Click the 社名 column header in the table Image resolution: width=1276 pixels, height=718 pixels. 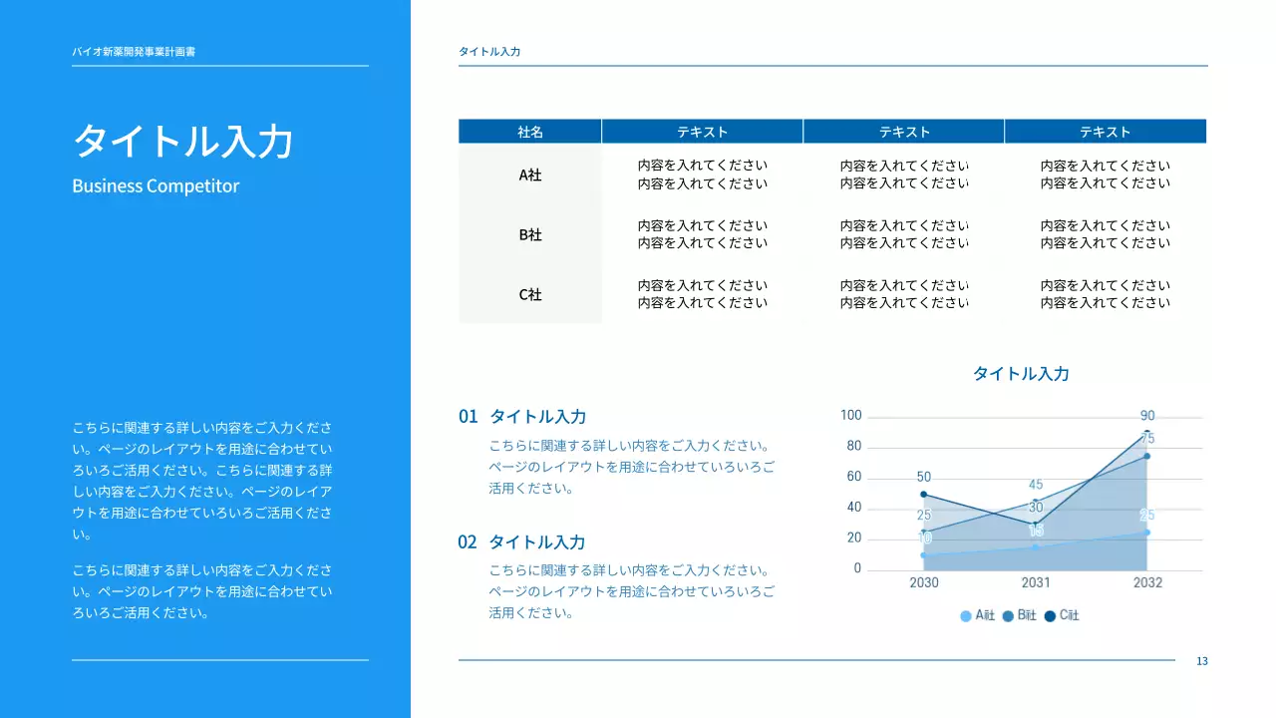click(530, 132)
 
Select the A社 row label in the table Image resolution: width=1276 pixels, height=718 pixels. click(530, 175)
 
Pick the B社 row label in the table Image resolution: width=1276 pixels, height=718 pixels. click(530, 235)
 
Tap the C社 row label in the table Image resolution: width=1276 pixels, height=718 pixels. click(530, 295)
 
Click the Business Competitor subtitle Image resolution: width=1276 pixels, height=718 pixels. click(156, 186)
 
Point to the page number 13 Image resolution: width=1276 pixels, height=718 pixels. click(1202, 661)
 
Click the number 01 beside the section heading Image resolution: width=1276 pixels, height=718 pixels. click(469, 417)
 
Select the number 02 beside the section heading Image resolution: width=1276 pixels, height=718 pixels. click(468, 542)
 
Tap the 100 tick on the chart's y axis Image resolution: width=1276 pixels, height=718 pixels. click(850, 416)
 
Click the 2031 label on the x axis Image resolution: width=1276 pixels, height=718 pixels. click(1036, 582)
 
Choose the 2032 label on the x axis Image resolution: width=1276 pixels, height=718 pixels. click(1147, 582)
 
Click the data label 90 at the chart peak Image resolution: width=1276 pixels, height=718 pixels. click(1147, 416)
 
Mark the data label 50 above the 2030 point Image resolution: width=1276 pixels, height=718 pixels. click(924, 478)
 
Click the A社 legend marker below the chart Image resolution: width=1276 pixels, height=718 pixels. click(966, 616)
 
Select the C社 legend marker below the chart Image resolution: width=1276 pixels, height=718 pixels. click(1050, 616)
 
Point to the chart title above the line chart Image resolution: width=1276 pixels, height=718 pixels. click(1021, 374)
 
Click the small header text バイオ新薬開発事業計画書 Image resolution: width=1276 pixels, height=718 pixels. click(134, 51)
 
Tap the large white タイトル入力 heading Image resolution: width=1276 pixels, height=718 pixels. click(183, 141)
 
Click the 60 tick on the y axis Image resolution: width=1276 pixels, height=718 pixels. click(853, 478)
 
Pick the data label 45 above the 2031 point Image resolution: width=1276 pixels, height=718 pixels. click(1036, 486)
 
